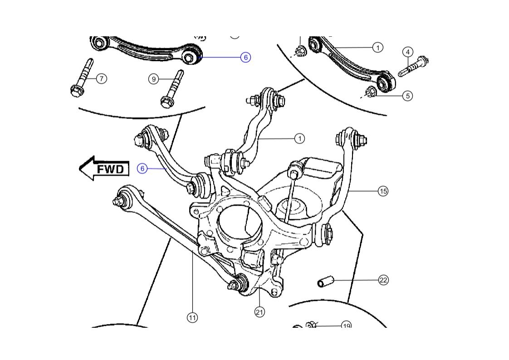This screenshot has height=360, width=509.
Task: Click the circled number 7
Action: (x=101, y=79)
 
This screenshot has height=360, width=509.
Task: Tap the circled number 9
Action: (x=154, y=79)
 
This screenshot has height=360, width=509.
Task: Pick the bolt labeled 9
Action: (x=172, y=89)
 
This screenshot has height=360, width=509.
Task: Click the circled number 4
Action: (x=407, y=52)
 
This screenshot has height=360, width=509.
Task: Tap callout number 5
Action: (x=407, y=96)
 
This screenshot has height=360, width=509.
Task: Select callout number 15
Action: (x=383, y=191)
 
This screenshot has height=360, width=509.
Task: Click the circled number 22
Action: (x=383, y=280)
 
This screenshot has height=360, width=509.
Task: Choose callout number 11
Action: (x=192, y=318)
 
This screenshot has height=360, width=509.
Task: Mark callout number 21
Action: (x=259, y=312)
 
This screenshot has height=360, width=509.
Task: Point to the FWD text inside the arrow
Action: (x=110, y=169)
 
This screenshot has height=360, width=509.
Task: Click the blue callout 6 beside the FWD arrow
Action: (x=142, y=168)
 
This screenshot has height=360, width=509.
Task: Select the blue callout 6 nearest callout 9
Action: (x=245, y=57)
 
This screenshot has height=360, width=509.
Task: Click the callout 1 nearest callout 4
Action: (x=377, y=47)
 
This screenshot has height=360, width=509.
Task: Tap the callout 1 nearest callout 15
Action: (x=299, y=138)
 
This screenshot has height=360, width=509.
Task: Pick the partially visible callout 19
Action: (x=346, y=325)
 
